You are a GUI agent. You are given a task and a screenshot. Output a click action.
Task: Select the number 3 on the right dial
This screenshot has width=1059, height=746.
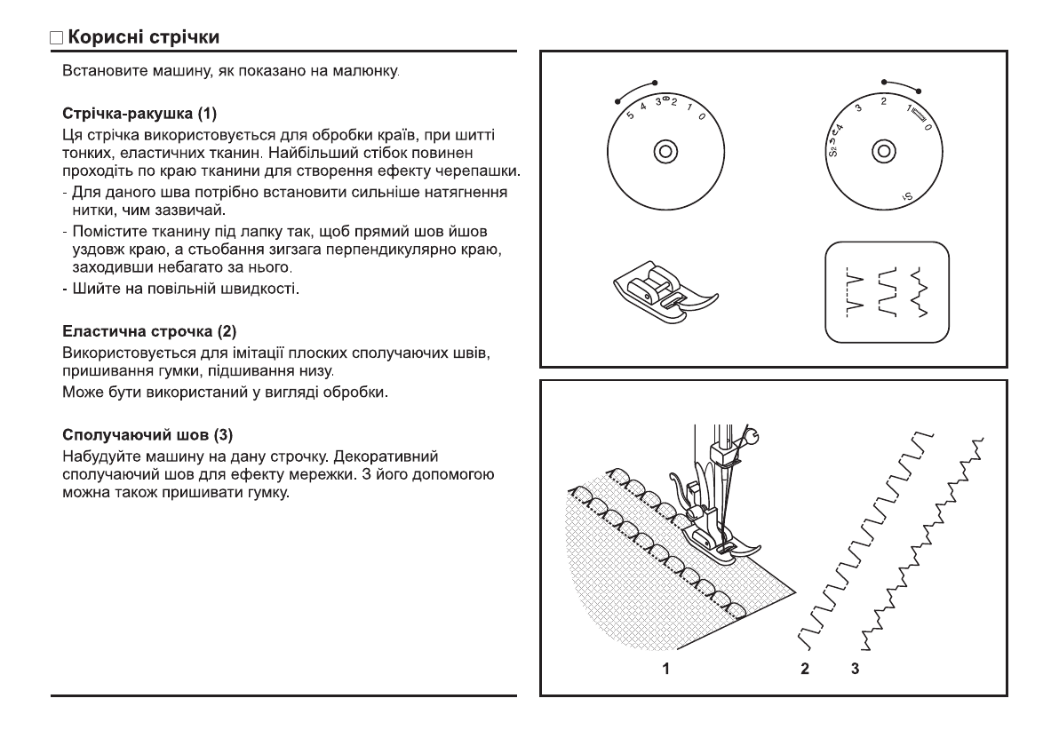[x=858, y=107]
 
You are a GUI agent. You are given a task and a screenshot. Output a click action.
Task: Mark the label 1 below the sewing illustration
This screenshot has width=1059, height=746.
[x=665, y=668]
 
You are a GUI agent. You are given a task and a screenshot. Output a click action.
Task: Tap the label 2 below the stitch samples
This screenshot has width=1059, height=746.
[x=805, y=668]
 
